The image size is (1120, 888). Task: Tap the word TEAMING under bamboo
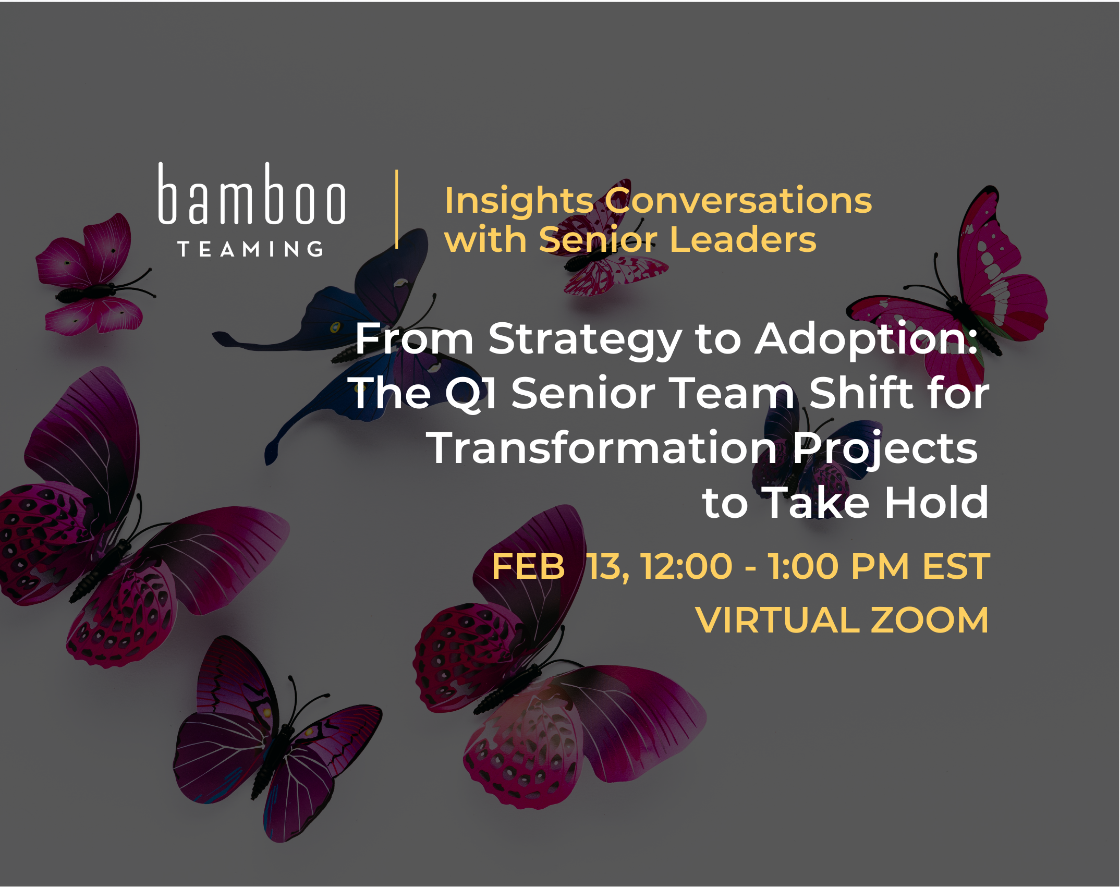click(250, 249)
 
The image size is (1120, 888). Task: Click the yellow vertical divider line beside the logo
click(397, 209)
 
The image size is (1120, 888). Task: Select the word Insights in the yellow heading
click(519, 201)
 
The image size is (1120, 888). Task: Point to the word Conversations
click(738, 201)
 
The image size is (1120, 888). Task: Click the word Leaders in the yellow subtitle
click(742, 240)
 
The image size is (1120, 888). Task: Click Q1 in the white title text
click(470, 394)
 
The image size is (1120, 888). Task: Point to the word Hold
click(936, 503)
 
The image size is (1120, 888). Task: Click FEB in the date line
click(528, 567)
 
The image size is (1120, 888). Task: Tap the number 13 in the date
click(606, 567)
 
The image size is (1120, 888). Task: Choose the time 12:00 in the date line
click(686, 567)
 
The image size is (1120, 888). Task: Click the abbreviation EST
click(956, 567)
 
